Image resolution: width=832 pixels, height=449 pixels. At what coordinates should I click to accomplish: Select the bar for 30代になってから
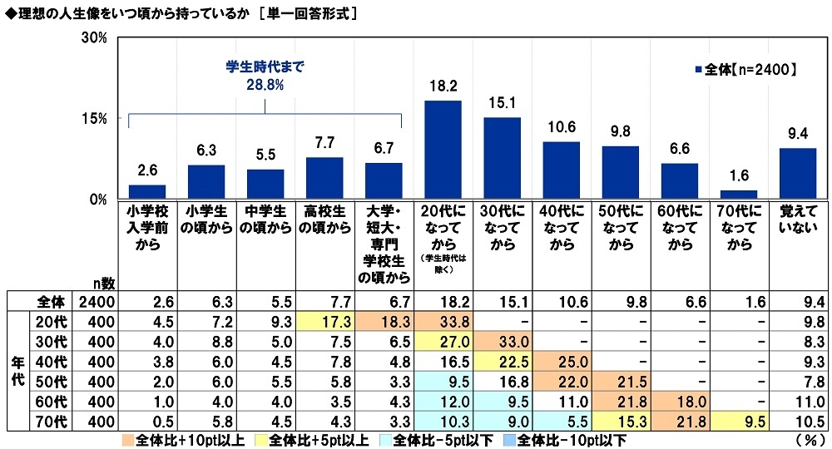502,158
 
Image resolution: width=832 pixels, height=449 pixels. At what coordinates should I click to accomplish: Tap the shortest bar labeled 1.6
740,195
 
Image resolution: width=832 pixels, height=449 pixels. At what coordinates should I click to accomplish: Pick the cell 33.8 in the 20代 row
443,320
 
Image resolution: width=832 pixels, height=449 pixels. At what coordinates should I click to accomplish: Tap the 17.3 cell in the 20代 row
324,320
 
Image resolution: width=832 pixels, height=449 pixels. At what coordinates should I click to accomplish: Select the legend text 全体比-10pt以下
575,438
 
